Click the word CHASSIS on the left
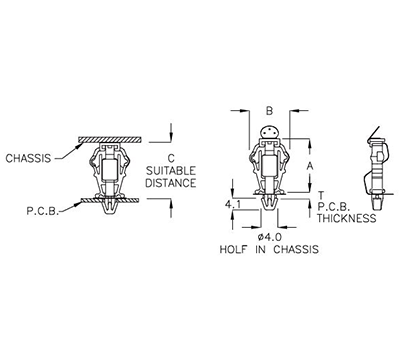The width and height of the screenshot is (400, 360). [x=29, y=158]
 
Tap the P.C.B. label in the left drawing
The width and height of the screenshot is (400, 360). [x=40, y=211]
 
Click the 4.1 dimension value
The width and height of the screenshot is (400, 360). [x=232, y=205]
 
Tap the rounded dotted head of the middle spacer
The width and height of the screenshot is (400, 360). [x=267, y=132]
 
